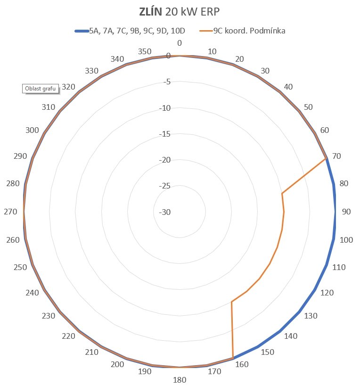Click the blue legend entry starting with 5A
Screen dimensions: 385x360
click(x=137, y=31)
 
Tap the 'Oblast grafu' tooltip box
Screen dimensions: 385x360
click(x=40, y=88)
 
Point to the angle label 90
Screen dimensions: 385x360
click(x=346, y=212)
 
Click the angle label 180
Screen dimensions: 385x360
click(x=180, y=380)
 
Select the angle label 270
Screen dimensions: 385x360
click(x=10, y=212)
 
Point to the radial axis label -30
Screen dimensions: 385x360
click(x=165, y=213)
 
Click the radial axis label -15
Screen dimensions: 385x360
click(x=165, y=134)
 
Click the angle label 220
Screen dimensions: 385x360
click(x=69, y=336)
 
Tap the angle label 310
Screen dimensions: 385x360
click(x=48, y=107)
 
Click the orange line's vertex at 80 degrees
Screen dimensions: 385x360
click(x=282, y=194)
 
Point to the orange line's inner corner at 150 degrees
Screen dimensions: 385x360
click(x=231, y=302)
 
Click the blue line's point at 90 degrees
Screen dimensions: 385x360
click(x=335, y=212)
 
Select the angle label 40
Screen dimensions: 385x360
click(x=288, y=87)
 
